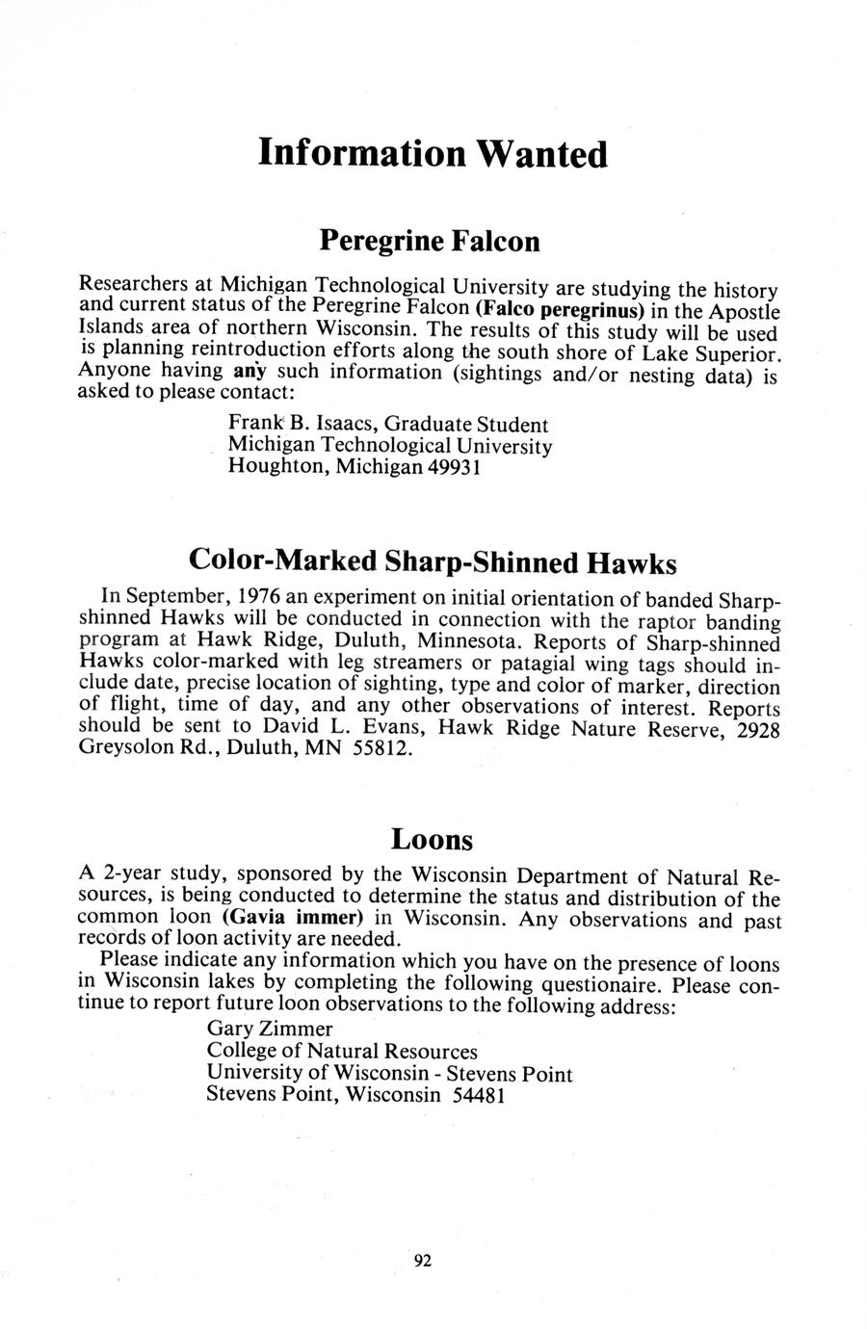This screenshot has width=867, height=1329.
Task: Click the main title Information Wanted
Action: click(x=433, y=154)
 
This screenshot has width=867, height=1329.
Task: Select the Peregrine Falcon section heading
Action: click(x=429, y=240)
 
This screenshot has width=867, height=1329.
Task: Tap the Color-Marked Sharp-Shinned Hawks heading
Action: click(x=433, y=561)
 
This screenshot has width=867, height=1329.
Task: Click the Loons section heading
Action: click(x=433, y=840)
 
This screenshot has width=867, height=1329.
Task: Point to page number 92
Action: click(x=422, y=1262)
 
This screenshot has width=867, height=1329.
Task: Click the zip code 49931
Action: click(x=457, y=467)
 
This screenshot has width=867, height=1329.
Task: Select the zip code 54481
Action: click(x=478, y=1095)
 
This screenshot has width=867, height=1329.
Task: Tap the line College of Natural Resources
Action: click(x=342, y=1051)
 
